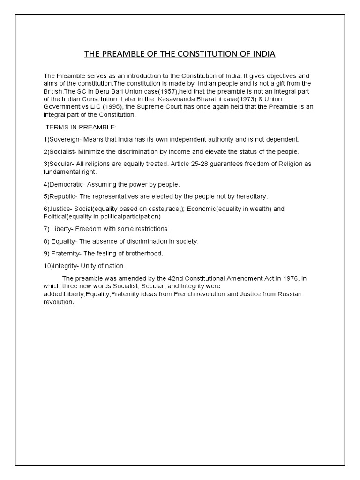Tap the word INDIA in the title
click(x=263, y=54)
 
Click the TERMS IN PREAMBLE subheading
click(x=76, y=127)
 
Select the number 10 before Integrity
click(x=47, y=266)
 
